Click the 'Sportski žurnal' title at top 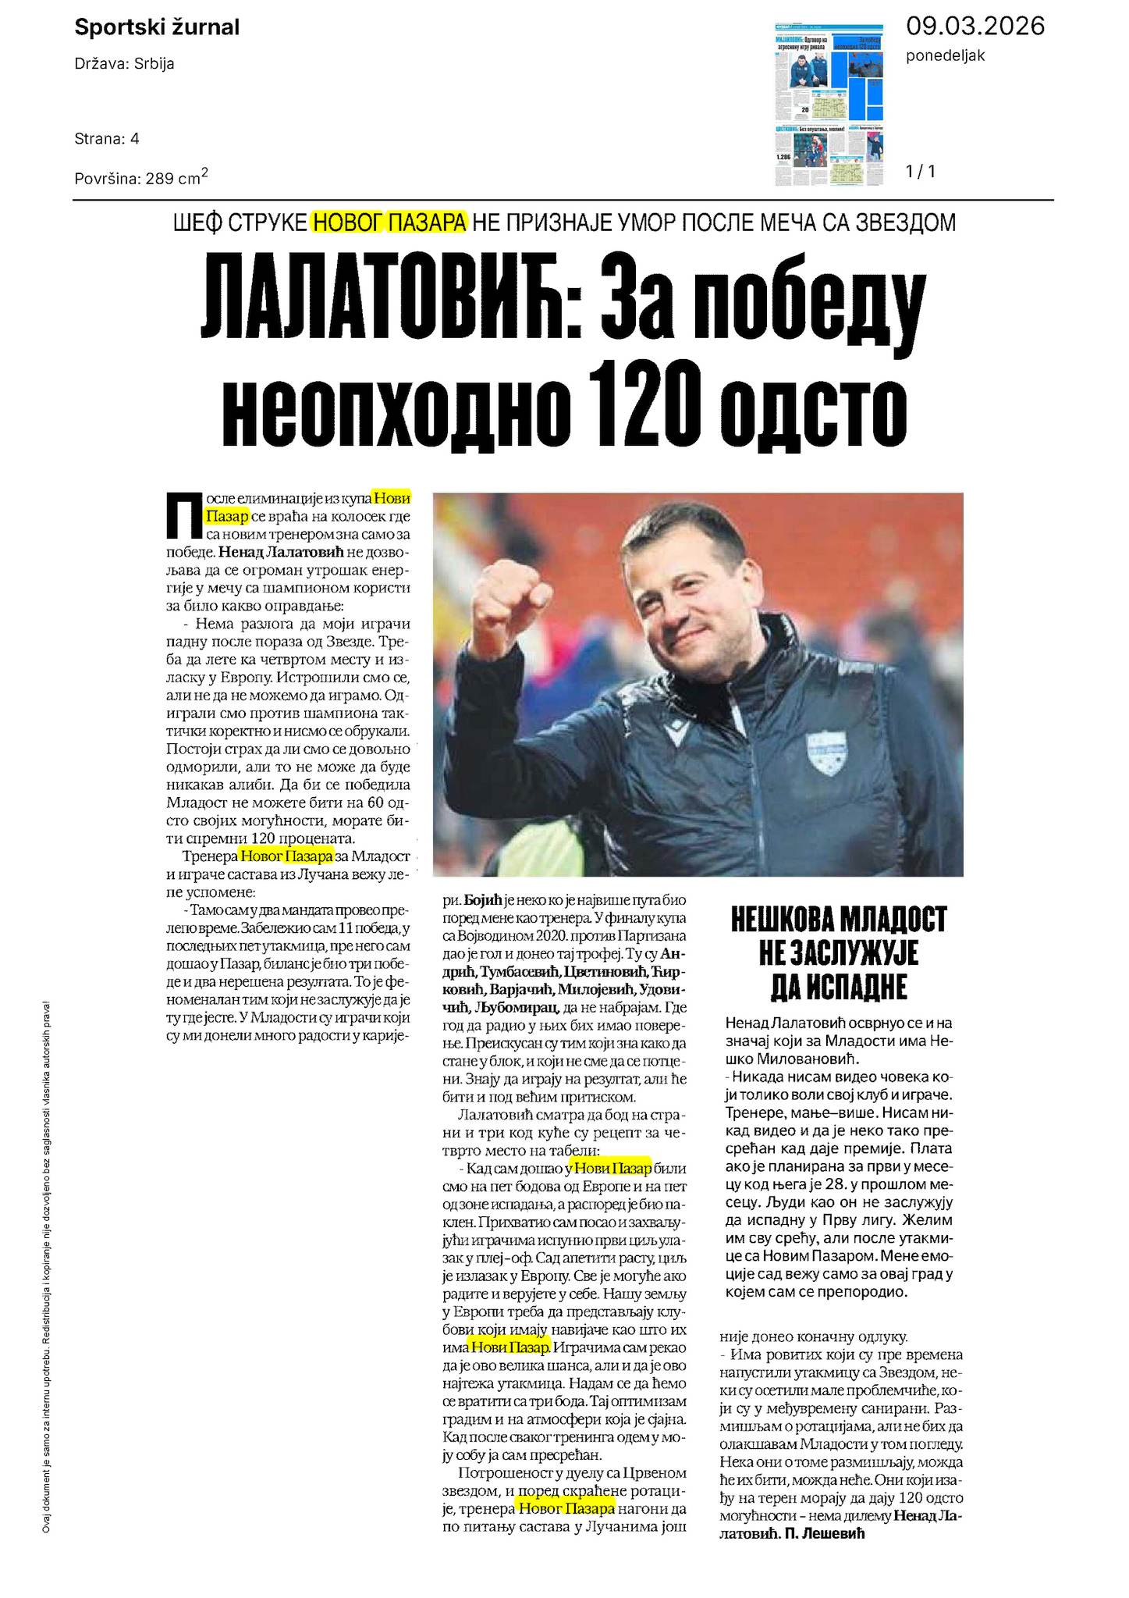(x=156, y=28)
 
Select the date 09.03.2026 (x=975, y=27)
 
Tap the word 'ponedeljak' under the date (x=946, y=55)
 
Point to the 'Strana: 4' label (x=107, y=139)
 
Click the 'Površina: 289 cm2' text (x=140, y=178)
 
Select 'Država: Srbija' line (x=124, y=64)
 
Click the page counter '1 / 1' (x=920, y=172)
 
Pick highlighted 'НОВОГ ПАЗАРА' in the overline (x=389, y=222)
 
